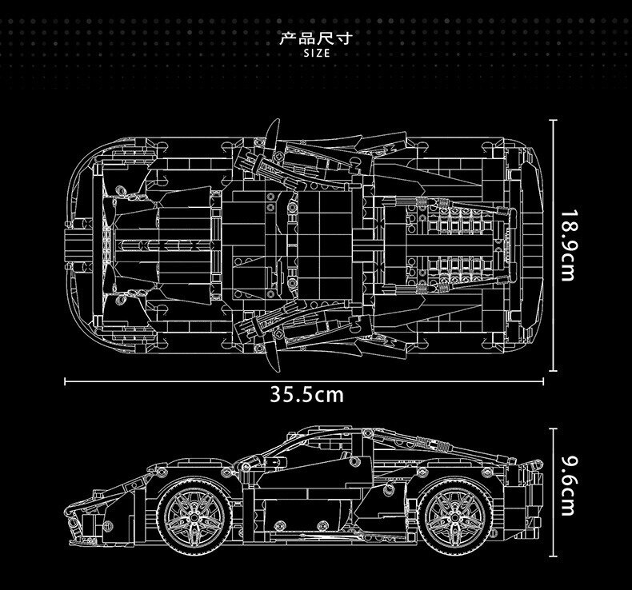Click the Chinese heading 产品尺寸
316,38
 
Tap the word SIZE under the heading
316,53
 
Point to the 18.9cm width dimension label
568,245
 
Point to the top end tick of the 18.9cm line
554,120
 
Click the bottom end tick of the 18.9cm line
554,369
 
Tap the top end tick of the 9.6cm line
554,429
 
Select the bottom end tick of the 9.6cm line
554,552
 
